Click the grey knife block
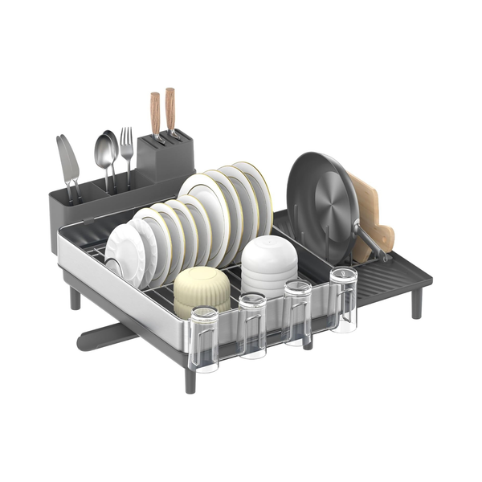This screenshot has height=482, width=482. tap(165, 157)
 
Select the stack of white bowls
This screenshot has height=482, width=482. tap(269, 265)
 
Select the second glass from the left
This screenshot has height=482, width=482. tap(252, 325)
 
